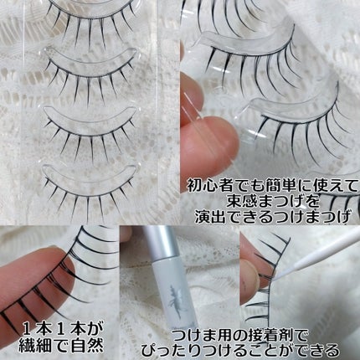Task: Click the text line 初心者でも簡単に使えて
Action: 272,185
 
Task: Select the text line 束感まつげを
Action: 272,200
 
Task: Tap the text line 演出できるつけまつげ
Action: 272,216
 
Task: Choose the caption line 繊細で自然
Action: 61,346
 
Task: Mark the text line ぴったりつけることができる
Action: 240,350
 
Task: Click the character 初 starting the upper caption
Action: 193,185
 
